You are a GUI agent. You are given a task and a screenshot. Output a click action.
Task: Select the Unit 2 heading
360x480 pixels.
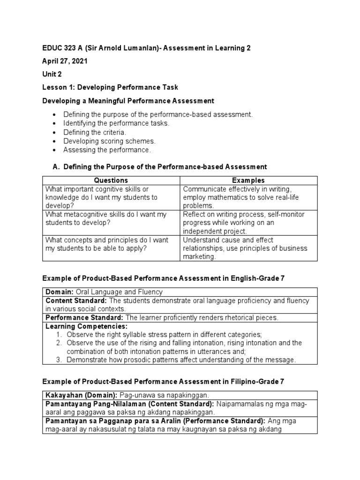click(x=52, y=75)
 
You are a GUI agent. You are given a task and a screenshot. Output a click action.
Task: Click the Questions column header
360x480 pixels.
click(x=111, y=180)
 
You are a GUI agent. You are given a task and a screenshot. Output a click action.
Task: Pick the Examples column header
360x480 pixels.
click(x=248, y=180)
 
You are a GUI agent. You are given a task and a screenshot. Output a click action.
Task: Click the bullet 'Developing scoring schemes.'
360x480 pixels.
click(x=109, y=141)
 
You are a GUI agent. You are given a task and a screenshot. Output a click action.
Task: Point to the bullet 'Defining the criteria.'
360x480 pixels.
click(x=95, y=132)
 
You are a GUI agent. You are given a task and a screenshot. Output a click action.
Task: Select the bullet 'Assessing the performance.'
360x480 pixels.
click(x=107, y=150)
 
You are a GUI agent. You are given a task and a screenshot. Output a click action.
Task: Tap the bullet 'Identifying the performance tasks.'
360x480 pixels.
click(x=116, y=123)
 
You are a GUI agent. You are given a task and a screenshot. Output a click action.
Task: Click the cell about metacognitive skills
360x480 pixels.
click(x=106, y=218)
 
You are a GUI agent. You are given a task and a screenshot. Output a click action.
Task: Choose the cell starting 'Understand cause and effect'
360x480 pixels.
click(x=245, y=248)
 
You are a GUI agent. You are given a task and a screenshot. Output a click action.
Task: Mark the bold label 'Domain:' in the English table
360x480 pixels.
click(x=59, y=292)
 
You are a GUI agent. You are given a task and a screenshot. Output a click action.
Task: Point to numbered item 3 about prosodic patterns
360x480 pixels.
click(x=181, y=360)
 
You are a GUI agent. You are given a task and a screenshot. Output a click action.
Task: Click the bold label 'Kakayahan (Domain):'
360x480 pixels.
click(x=82, y=395)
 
